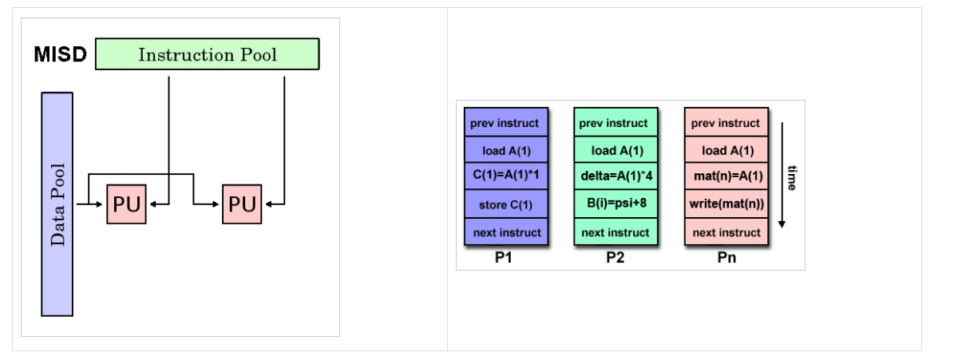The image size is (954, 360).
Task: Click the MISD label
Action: coord(60,55)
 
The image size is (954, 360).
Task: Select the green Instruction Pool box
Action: coord(208,54)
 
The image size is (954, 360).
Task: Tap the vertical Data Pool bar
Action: coord(57,204)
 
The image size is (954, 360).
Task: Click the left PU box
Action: coord(126,204)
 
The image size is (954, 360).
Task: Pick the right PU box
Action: coord(242,204)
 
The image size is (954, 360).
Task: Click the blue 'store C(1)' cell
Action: coord(505,205)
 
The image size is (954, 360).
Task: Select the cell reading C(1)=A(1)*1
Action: coord(505,176)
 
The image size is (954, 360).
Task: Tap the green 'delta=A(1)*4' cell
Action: coord(615,176)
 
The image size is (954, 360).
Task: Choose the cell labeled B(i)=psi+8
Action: coord(615,204)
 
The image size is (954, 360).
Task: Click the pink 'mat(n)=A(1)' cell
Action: coord(726,176)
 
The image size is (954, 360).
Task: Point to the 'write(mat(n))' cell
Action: coord(726,204)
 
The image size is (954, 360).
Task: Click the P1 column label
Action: coord(505,259)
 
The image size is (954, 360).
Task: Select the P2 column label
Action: coord(615,259)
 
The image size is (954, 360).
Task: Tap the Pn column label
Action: coord(726,259)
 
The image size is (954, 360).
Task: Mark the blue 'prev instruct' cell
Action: coord(505,123)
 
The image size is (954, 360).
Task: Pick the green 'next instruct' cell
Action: coord(615,232)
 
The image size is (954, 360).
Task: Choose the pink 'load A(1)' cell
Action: coord(726,150)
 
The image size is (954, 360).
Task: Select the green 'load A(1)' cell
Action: coord(615,150)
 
